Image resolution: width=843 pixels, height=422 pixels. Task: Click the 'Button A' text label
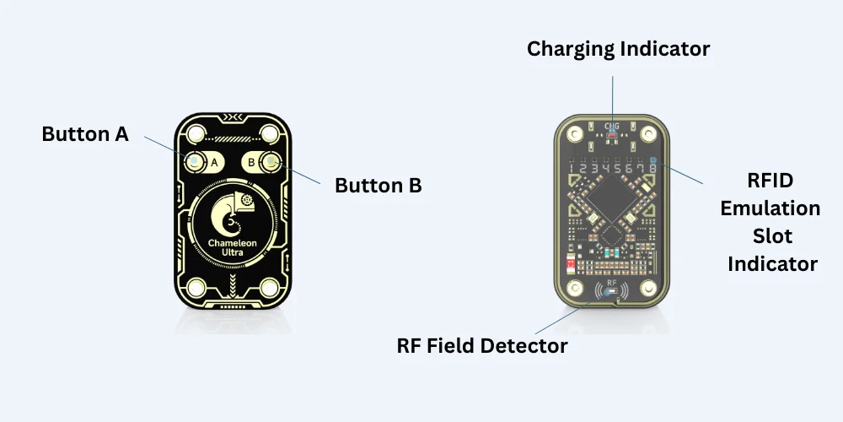point(85,134)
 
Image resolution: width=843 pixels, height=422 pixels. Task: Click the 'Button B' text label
point(378,185)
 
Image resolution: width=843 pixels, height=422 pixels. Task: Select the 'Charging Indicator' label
point(618,49)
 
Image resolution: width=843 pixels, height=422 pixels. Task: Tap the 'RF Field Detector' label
point(481,345)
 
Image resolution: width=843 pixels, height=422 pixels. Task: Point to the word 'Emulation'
point(770,208)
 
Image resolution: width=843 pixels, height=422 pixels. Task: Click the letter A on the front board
point(214,161)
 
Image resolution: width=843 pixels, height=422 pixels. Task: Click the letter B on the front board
point(251,161)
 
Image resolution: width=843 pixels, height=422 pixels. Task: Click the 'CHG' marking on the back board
point(612,127)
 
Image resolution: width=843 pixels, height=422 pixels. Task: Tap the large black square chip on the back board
point(613,207)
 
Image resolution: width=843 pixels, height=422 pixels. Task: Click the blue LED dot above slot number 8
point(652,160)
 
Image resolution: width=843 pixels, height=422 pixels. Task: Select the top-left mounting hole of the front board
point(196,133)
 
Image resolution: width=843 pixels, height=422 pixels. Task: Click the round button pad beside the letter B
point(270,161)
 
